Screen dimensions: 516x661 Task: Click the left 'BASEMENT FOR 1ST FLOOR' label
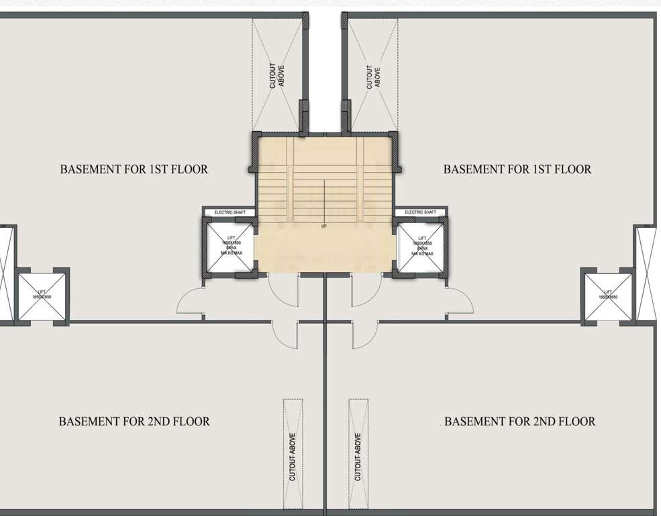(x=134, y=169)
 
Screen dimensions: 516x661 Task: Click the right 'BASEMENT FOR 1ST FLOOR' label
(x=517, y=169)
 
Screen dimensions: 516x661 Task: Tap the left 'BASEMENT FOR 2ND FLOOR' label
(x=134, y=422)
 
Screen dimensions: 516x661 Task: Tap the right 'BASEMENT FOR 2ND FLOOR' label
(x=519, y=422)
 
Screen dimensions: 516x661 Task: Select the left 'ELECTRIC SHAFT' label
(x=230, y=212)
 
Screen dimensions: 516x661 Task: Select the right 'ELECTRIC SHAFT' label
(x=421, y=212)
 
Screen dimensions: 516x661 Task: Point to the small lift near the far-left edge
(x=42, y=296)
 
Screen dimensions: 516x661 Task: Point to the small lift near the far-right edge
(x=608, y=296)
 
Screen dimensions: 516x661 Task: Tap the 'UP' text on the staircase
(x=324, y=226)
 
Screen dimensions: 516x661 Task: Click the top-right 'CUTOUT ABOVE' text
(x=373, y=76)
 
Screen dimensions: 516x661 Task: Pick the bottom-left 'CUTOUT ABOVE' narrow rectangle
(x=293, y=454)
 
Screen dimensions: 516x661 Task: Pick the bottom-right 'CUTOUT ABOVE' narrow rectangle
(x=358, y=454)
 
